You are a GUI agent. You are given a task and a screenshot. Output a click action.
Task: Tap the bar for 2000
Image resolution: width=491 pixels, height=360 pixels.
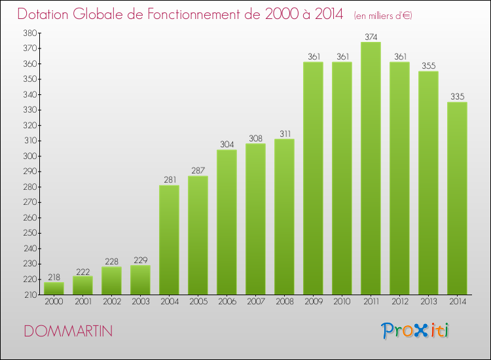point(54,288)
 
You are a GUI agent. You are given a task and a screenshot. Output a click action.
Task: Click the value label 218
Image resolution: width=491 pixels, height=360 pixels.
point(54,277)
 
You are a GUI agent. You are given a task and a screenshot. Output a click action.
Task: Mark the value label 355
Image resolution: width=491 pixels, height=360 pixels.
point(428,66)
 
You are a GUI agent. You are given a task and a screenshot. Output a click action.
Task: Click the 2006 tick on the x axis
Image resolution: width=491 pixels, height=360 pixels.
point(227,302)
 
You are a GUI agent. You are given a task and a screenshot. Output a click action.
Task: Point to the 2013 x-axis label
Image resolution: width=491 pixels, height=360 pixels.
point(428,302)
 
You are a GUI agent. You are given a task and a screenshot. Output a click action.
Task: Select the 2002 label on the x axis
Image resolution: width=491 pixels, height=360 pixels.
point(111,302)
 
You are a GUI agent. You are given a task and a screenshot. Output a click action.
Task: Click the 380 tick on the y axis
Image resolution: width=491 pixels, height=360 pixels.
point(29,33)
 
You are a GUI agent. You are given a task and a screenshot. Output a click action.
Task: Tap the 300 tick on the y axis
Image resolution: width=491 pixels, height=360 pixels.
point(29,156)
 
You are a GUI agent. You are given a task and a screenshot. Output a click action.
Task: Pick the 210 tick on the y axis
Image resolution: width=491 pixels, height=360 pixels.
point(29,295)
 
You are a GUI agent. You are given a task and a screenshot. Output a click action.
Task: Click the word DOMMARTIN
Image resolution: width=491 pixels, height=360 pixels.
point(68,331)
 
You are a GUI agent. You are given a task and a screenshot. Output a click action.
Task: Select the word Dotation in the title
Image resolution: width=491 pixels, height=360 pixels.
point(45,14)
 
